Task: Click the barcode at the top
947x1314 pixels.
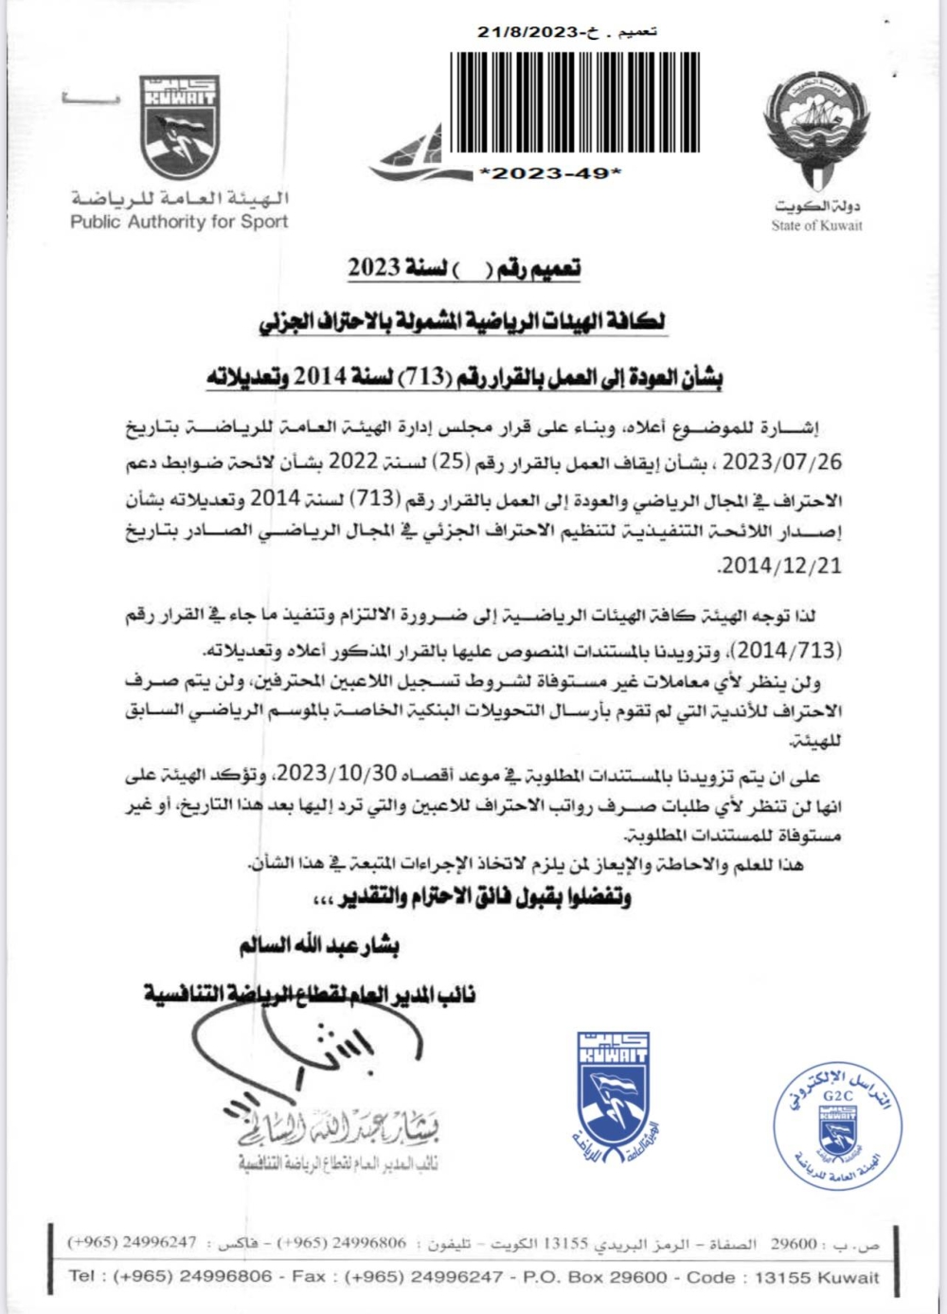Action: click(575, 103)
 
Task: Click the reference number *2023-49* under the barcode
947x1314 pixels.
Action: click(551, 173)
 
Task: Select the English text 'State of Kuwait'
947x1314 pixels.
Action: click(816, 225)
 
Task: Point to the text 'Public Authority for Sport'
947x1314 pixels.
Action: click(179, 223)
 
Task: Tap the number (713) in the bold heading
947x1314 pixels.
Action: click(425, 377)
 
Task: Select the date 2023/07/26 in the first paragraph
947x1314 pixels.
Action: click(779, 463)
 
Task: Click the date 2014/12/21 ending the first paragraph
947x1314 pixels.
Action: click(780, 566)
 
